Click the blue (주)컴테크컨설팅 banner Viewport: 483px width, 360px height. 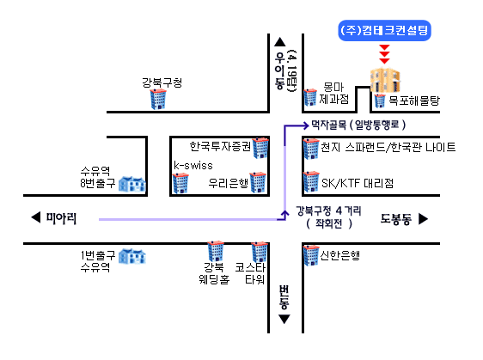[x=384, y=30]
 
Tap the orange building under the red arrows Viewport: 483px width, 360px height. [x=385, y=81]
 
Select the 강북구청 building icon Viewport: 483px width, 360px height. [x=158, y=99]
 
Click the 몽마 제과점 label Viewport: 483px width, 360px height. [x=334, y=93]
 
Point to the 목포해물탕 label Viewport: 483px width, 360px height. [x=414, y=101]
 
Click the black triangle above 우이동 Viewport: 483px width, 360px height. [x=279, y=42]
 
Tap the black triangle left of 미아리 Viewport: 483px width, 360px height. [x=36, y=217]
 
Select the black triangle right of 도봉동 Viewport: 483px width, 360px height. [x=423, y=218]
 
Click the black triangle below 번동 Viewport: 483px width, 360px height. [x=284, y=319]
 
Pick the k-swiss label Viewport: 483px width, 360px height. [x=193, y=165]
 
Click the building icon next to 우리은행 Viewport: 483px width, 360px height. [x=258, y=182]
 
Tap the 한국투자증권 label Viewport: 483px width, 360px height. [x=220, y=146]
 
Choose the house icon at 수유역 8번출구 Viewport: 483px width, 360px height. [x=132, y=184]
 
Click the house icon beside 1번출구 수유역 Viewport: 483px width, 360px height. [x=132, y=257]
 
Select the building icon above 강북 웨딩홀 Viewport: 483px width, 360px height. [x=216, y=251]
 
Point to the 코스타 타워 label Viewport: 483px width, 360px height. [x=250, y=273]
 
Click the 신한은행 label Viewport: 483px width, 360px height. [x=339, y=255]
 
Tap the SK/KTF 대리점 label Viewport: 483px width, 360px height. [x=358, y=183]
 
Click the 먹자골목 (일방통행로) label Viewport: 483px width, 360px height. [x=358, y=125]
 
